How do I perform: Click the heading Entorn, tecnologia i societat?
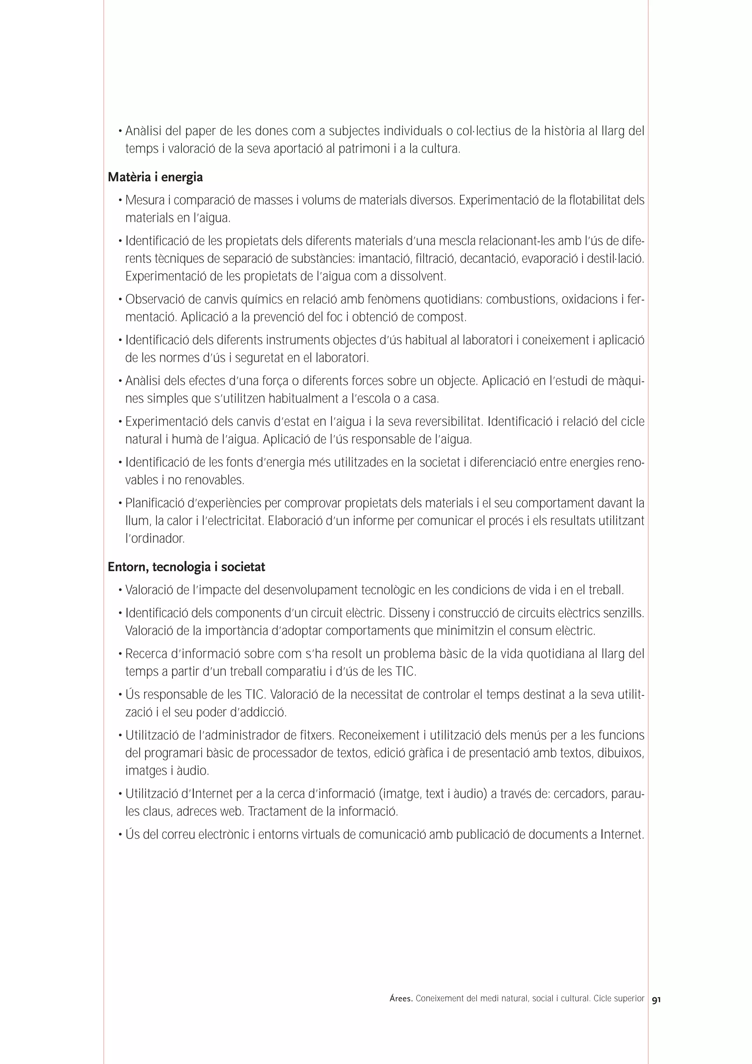(186, 567)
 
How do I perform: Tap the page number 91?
(656, 1000)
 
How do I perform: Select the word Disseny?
(409, 613)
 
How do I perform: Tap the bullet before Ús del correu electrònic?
(120, 835)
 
